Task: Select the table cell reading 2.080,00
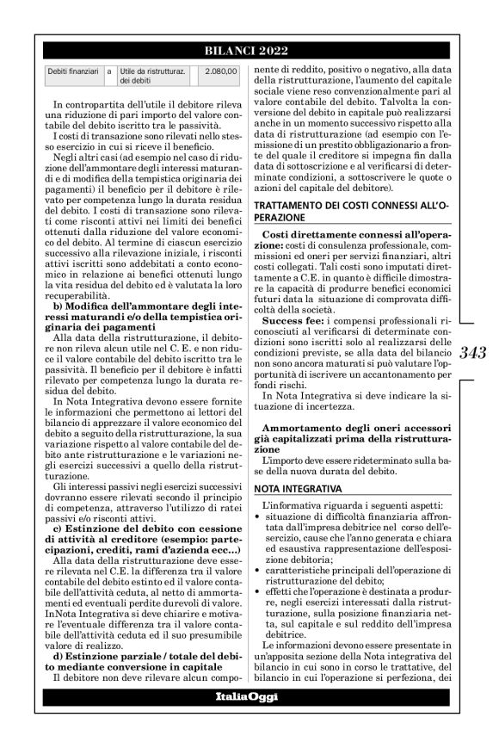pyautogui.click(x=222, y=72)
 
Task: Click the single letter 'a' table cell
pyautogui.click(x=109, y=72)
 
